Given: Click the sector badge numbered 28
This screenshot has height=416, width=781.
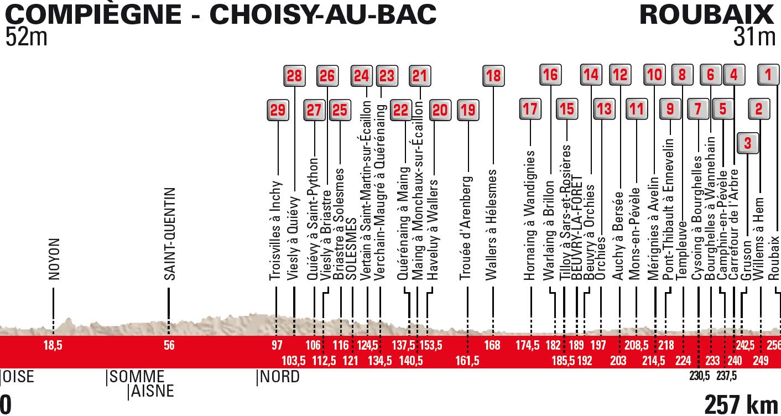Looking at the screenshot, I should point(294,76).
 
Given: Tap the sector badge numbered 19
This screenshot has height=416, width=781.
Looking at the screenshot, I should point(468,110).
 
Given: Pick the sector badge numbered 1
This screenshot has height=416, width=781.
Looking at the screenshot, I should point(768,75).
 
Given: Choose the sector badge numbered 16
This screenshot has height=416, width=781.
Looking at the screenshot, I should point(550,75).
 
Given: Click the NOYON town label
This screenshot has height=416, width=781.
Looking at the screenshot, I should point(54,259).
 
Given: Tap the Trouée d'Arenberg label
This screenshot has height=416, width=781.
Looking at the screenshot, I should point(466,228).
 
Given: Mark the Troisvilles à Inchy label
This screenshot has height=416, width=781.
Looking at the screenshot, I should point(276,231).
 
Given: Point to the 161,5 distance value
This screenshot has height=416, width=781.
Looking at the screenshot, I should point(467,361).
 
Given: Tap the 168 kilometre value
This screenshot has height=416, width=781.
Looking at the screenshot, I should point(492,346).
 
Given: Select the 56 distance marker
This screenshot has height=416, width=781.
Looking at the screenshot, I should point(169,346).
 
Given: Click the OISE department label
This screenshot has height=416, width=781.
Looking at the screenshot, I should point(19,377).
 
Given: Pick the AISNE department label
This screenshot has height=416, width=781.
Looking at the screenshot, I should point(152,391).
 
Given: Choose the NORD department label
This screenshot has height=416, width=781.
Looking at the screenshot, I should point(280,377).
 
